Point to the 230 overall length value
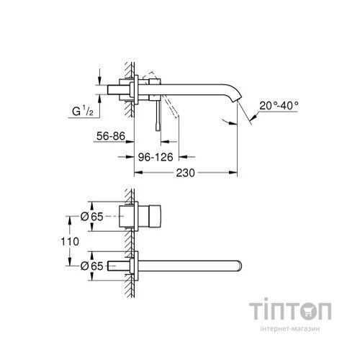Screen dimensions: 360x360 187,173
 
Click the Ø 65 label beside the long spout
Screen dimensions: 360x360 78,266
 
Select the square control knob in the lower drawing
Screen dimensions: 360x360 153,216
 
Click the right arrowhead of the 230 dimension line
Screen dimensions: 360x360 235,173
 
